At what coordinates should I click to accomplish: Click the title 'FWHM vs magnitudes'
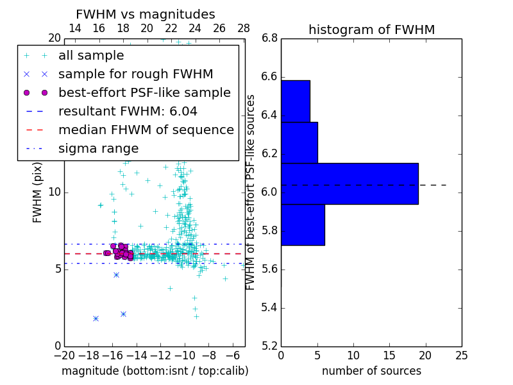[145, 14]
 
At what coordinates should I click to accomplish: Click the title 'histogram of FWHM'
[371, 30]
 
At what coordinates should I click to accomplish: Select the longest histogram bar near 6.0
[349, 184]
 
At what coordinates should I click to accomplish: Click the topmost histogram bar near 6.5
[295, 101]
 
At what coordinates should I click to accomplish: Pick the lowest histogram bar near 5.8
[303, 225]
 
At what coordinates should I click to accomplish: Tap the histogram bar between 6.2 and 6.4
[299, 142]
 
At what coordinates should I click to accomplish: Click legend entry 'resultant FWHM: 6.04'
[128, 112]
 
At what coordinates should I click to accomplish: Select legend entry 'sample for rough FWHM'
[135, 74]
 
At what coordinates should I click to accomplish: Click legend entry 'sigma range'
[98, 149]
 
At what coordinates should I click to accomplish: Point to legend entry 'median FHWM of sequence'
[146, 130]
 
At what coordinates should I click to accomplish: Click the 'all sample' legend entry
[90, 56]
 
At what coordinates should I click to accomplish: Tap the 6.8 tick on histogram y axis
[269, 38]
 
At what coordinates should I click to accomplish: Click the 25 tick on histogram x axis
[461, 355]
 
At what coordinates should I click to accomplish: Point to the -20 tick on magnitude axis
[64, 355]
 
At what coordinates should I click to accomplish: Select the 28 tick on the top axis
[244, 29]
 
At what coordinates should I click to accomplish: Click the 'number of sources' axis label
[371, 371]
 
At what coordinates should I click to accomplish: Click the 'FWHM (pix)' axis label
[38, 193]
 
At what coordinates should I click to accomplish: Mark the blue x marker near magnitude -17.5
[96, 318]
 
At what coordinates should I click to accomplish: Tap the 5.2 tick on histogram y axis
[269, 346]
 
